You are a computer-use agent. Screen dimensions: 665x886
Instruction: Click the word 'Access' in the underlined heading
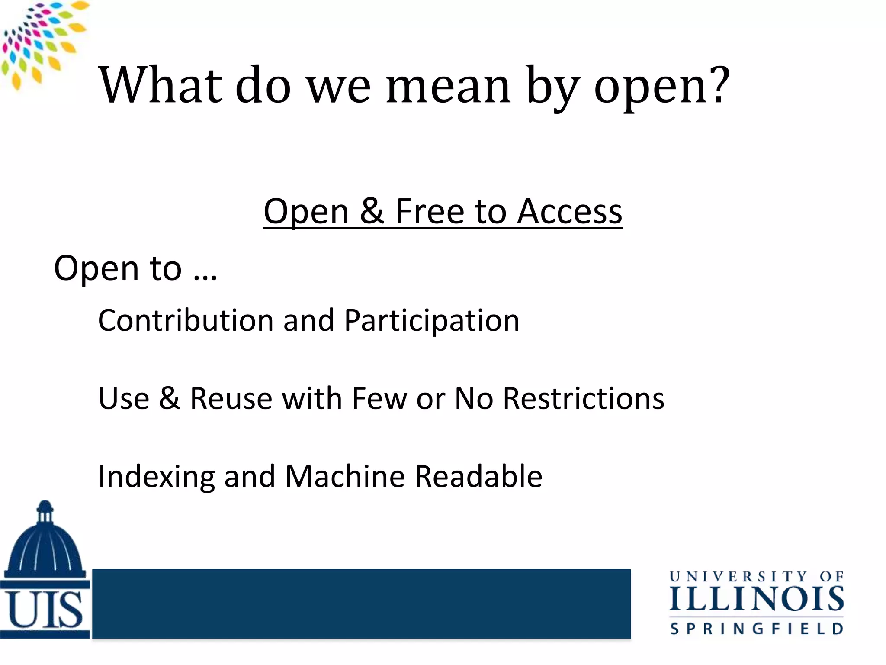pos(570,212)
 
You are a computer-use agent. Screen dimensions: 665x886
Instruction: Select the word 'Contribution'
pos(186,321)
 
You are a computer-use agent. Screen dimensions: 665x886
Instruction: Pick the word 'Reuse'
pos(231,398)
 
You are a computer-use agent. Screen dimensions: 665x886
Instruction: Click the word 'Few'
pos(379,398)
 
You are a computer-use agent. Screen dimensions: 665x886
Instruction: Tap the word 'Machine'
pos(345,476)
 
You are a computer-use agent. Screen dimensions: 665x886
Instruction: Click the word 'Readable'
pos(478,476)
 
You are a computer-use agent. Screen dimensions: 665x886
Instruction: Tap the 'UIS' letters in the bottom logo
pos(45,610)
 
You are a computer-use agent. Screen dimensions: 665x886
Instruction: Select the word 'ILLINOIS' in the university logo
pos(756,600)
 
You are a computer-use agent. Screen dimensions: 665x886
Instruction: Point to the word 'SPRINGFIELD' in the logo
pos(756,629)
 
